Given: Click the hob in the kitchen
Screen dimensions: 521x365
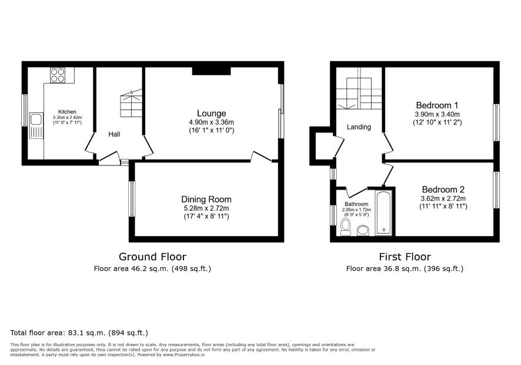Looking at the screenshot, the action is point(58,75).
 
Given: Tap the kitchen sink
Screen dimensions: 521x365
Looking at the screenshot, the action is point(36,125).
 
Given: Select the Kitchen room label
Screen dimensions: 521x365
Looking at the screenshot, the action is point(67,112).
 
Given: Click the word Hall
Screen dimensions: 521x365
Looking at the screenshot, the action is point(114,134).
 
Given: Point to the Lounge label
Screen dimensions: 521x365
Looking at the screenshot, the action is point(211,114).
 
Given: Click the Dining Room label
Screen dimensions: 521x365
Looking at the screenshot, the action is point(206,200).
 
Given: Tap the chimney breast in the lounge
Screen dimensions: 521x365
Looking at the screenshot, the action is point(212,71).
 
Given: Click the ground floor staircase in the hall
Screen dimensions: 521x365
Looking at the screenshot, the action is point(131,103).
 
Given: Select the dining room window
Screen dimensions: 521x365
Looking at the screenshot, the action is point(132,199).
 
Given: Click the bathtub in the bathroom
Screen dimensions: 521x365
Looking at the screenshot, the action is point(384,213).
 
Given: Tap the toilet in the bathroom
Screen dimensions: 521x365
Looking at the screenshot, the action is point(346,228).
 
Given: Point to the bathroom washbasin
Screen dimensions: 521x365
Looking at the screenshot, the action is point(363,231).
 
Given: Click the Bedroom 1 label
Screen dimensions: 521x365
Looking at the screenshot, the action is point(437,105).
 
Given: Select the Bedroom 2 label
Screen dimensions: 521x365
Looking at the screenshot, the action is point(443,190).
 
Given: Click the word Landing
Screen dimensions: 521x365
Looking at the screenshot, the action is point(359,127).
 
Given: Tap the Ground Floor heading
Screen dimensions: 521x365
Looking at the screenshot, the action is point(152,257).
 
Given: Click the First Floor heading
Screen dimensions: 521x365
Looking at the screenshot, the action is point(405,257).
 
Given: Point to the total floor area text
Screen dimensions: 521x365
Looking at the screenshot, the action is point(79,333).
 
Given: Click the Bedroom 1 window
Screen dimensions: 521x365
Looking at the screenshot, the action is point(496,122).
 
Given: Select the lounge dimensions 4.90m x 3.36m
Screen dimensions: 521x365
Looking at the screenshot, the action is point(211,122).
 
